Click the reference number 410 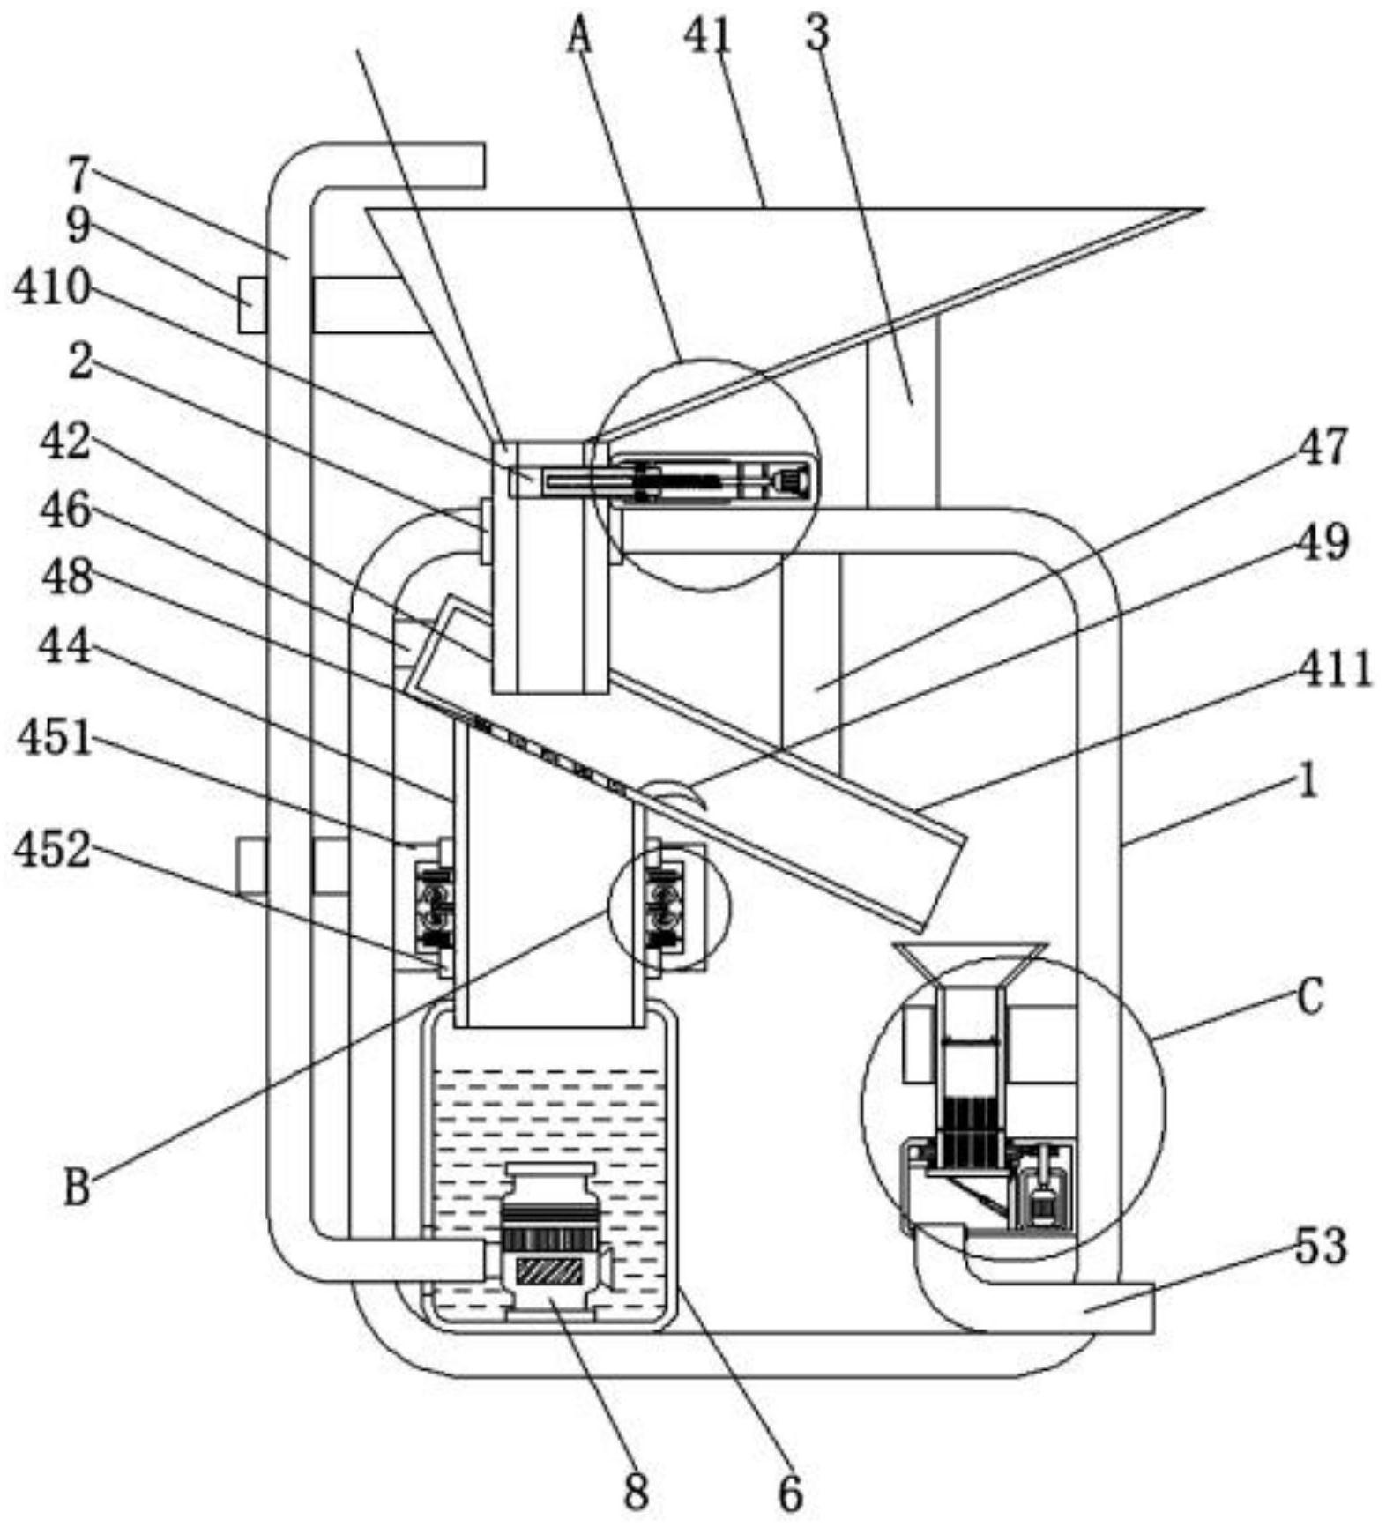[x=52, y=287]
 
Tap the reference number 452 [x=53, y=850]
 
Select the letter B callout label [x=78, y=1186]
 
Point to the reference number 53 [x=1321, y=1246]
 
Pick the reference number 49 [x=1323, y=541]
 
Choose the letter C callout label [x=1310, y=999]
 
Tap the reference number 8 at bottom [x=637, y=1491]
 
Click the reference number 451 [x=56, y=737]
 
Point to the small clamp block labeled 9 [x=252, y=304]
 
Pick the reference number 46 [x=66, y=510]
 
